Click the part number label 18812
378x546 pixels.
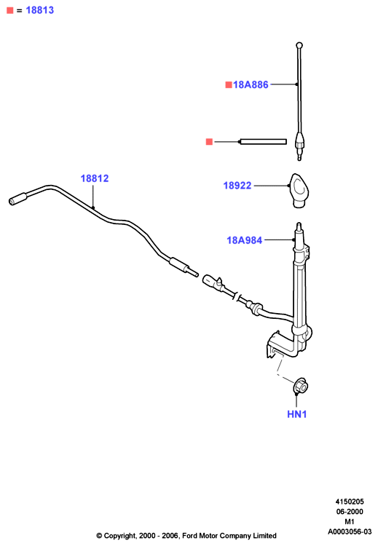[x=95, y=178]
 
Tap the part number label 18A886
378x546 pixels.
[x=251, y=84]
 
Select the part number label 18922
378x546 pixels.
[x=237, y=185]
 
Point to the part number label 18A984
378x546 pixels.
[x=244, y=240]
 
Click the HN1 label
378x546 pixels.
[x=297, y=414]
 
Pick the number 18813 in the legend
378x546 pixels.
[x=40, y=10]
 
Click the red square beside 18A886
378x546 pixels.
[x=229, y=84]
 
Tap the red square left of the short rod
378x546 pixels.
[x=209, y=141]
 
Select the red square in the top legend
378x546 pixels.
[x=9, y=10]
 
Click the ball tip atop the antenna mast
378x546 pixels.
[x=299, y=45]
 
